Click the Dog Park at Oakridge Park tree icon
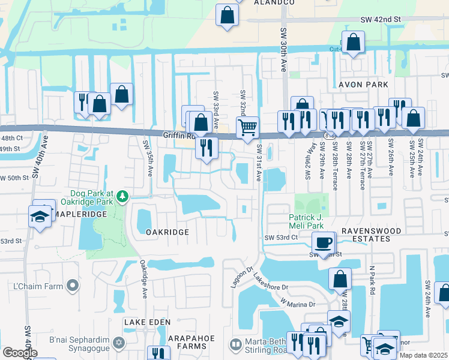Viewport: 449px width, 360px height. click(x=122, y=196)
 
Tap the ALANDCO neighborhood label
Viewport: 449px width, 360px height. click(x=274, y=2)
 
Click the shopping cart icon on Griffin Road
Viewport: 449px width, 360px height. click(x=247, y=127)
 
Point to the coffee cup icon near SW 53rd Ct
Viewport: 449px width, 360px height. click(x=323, y=242)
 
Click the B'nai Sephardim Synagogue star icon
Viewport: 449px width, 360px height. click(x=119, y=343)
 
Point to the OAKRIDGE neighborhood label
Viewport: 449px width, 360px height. click(x=167, y=232)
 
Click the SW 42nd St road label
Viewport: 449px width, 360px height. click(x=381, y=19)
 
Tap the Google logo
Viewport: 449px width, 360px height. click(x=20, y=353)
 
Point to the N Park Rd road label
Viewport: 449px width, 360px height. click(x=372, y=279)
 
